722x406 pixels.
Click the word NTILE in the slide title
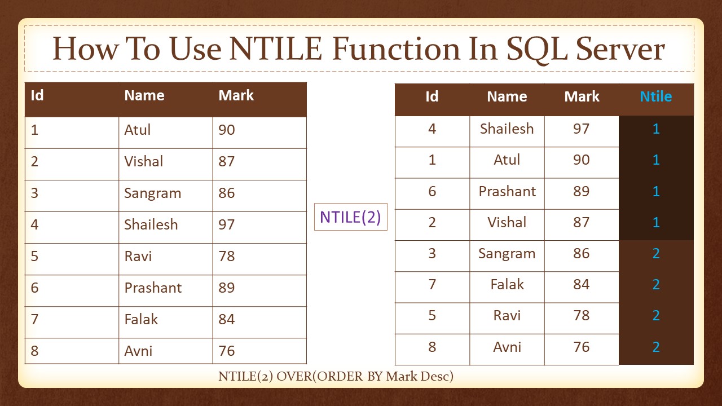point(276,49)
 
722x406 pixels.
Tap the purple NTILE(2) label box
point(351,217)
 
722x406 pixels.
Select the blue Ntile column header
point(656,96)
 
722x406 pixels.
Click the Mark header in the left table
point(236,95)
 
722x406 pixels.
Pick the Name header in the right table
point(507,96)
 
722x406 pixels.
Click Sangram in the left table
point(152,193)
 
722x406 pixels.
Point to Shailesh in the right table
point(507,129)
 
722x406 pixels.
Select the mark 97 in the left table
point(227,224)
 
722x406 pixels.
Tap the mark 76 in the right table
point(582,347)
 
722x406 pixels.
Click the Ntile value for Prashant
point(656,191)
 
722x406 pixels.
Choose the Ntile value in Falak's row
point(656,284)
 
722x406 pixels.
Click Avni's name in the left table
point(138,351)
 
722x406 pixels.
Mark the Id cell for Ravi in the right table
point(432,315)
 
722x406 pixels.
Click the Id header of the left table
point(37,95)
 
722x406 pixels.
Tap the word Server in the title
point(620,49)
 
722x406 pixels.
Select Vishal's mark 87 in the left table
point(227,161)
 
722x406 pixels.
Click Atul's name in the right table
point(507,160)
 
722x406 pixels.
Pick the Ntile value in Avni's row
point(656,347)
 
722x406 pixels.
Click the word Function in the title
point(396,49)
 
